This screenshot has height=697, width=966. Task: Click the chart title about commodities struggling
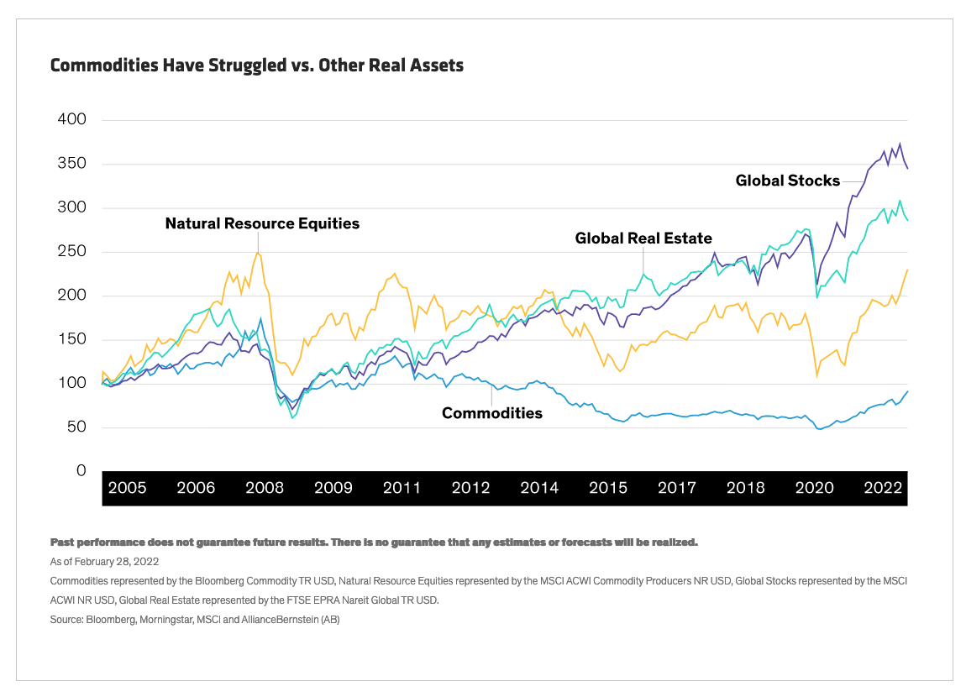[x=257, y=65]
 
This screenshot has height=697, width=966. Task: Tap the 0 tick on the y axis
[x=81, y=471]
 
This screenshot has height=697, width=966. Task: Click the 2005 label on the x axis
[x=127, y=488]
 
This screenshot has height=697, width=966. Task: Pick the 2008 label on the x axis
[x=264, y=488]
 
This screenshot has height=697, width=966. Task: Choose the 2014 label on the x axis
[x=539, y=488]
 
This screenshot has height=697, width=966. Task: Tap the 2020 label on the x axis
[x=814, y=488]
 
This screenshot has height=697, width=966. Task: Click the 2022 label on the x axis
[x=883, y=488]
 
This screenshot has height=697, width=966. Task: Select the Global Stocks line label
[x=787, y=180]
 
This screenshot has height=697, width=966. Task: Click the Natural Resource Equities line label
[x=262, y=223]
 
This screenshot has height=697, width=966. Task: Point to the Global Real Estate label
[x=643, y=238]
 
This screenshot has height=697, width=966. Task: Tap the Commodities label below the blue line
[x=492, y=412]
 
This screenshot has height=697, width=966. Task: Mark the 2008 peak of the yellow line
[x=257, y=253]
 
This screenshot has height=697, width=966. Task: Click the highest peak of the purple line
[x=900, y=144]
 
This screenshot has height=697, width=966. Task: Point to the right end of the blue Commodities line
[x=907, y=391]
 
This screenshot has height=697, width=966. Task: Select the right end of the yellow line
[x=907, y=270]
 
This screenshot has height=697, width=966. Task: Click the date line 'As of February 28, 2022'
[x=105, y=561]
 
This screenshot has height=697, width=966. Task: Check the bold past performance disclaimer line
[x=374, y=542]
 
